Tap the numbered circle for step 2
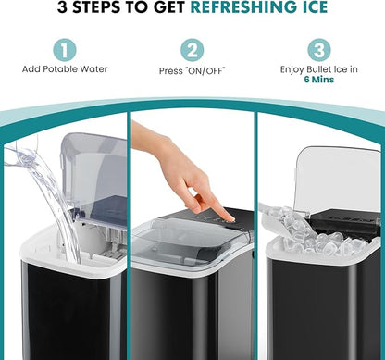[x=192, y=49]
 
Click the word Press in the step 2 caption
[x=170, y=69]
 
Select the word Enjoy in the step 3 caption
[x=293, y=69]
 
